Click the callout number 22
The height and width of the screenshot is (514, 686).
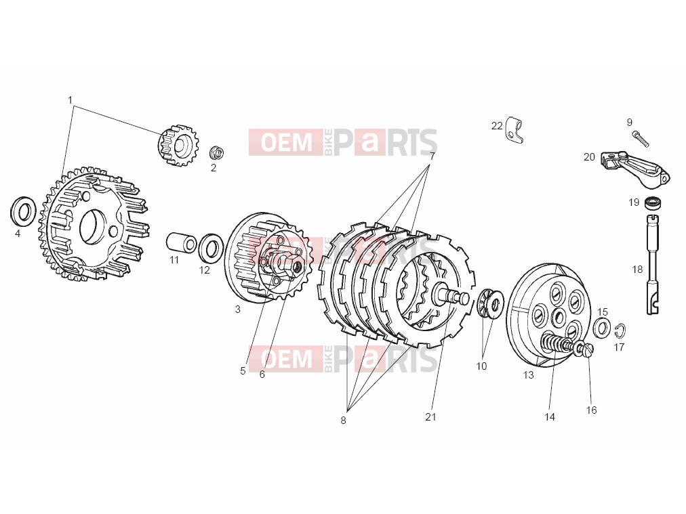497,126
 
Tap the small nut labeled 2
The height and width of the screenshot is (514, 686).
216,152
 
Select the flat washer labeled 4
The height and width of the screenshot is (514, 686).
22,212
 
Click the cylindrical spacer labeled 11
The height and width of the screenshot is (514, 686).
181,243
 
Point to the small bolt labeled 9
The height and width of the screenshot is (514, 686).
641,139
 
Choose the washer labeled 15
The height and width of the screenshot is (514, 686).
603,327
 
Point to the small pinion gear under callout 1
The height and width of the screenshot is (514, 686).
178,146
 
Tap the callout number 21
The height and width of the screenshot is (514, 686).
430,417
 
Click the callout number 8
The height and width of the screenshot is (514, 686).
343,421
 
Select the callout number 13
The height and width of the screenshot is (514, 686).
529,375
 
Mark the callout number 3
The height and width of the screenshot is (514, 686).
237,309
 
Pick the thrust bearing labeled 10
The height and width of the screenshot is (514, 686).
490,303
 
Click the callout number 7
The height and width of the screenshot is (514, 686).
432,156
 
